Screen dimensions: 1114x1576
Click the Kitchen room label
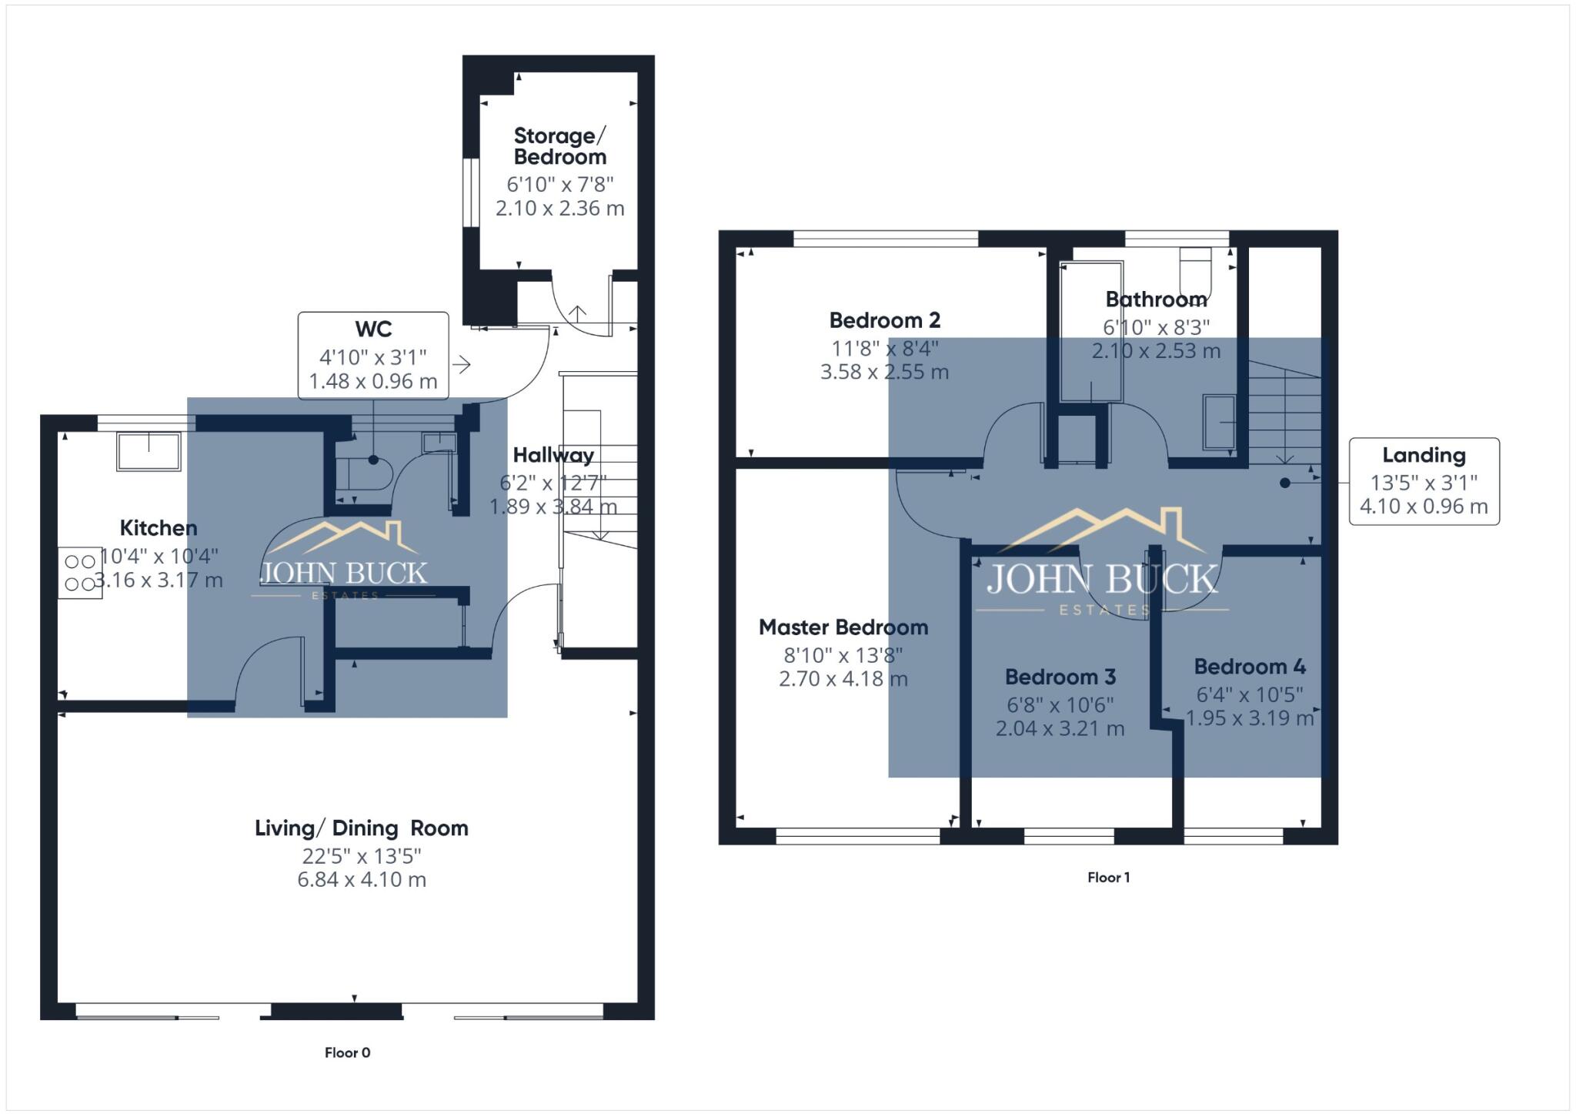click(x=159, y=528)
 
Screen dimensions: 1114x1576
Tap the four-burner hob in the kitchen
click(x=80, y=573)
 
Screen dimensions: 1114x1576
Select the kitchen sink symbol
click(x=149, y=451)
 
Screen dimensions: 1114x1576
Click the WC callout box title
click(x=373, y=330)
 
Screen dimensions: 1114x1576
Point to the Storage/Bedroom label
click(x=559, y=146)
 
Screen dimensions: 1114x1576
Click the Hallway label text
click(x=553, y=455)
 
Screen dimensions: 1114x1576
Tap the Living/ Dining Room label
click(x=362, y=828)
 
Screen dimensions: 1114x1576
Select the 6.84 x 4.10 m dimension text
click(x=362, y=880)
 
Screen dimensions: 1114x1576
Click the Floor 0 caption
click(x=347, y=1052)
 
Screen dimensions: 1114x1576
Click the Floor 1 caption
click(x=1108, y=878)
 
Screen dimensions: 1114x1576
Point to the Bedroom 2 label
click(x=884, y=320)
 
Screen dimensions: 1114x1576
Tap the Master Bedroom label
click(x=843, y=627)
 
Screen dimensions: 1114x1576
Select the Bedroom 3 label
click(x=1060, y=677)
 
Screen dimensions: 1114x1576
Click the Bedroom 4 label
click(x=1250, y=667)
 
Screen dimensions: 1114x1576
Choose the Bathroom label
click(x=1156, y=299)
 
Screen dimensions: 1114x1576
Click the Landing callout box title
click(x=1424, y=456)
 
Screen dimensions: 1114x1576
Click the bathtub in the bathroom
click(x=1091, y=331)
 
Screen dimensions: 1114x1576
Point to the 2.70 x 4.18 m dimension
click(x=843, y=679)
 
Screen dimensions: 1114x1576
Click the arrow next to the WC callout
click(x=462, y=364)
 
